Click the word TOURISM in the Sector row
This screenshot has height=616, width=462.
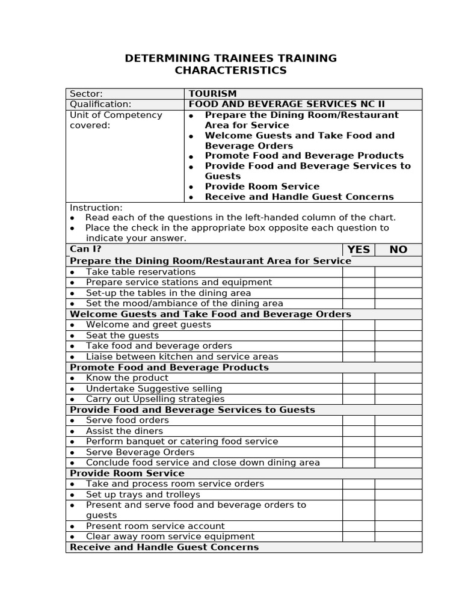[212, 94]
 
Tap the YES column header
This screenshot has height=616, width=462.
[359, 250]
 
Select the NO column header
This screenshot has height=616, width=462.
[398, 250]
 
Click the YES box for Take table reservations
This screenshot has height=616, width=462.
[359, 272]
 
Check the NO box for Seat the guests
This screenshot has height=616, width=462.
[398, 336]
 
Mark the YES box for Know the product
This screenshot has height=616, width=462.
[359, 378]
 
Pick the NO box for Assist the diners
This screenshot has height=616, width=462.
[398, 431]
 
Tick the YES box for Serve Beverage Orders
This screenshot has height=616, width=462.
[359, 452]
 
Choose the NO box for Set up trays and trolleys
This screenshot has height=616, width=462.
[398, 494]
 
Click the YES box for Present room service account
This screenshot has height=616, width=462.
[359, 526]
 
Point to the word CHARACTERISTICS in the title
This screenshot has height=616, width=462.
[230, 71]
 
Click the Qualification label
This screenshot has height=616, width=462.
[100, 104]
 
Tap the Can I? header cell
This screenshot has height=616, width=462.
[85, 249]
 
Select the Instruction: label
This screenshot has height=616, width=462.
[96, 208]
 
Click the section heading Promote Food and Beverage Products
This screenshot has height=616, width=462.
[169, 368]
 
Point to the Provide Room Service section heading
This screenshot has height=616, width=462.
[127, 473]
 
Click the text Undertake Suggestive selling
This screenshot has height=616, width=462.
[154, 389]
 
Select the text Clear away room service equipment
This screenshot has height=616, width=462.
[170, 537]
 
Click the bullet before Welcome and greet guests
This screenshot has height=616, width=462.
[72, 325]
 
